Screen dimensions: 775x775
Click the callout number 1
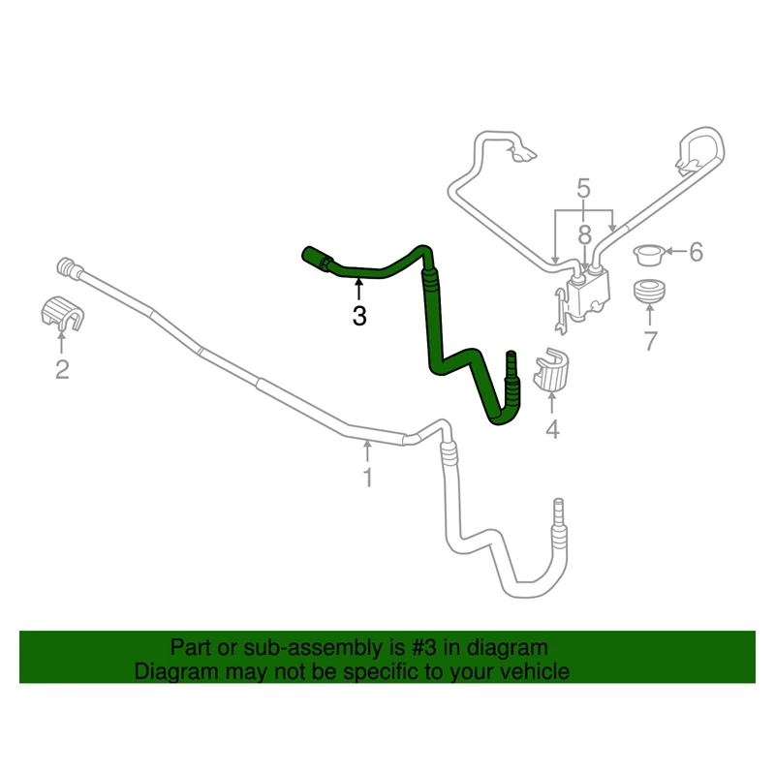[367, 477]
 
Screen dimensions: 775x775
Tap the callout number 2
[62, 369]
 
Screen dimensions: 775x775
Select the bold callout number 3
[359, 316]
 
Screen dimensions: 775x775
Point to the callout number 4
[552, 428]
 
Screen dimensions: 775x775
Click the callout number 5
[584, 187]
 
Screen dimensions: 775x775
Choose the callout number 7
[650, 340]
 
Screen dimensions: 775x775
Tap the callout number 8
[584, 234]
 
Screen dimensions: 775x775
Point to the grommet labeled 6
[646, 255]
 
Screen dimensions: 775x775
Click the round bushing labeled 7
[648, 291]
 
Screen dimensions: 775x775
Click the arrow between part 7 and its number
[649, 314]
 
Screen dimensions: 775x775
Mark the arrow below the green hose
[358, 289]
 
